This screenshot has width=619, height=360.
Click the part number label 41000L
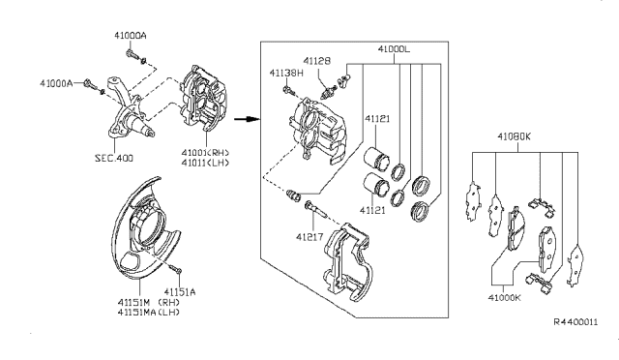click(x=394, y=49)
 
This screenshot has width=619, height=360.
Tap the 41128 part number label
click(x=316, y=61)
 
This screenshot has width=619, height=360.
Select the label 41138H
click(x=286, y=73)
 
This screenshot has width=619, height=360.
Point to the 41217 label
click(x=309, y=237)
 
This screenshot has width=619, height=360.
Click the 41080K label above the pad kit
click(x=514, y=136)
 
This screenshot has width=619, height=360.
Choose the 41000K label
click(x=504, y=297)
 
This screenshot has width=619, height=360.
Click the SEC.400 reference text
click(x=114, y=158)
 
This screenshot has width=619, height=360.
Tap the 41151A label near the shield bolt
click(x=180, y=292)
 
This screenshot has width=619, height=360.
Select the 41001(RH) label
click(x=205, y=153)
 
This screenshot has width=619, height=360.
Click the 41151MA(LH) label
click(x=148, y=313)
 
